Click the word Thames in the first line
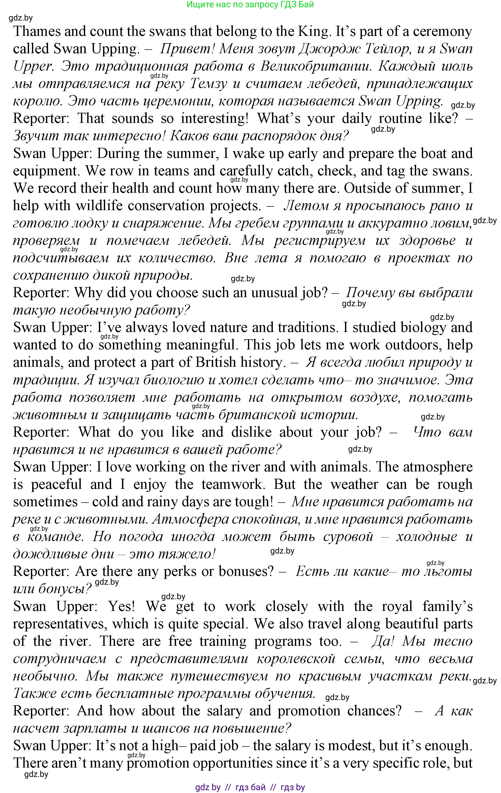point(37,32)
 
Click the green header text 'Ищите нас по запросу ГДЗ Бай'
point(250,5)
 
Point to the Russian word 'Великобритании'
point(315,66)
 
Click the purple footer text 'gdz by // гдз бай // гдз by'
point(250,787)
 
